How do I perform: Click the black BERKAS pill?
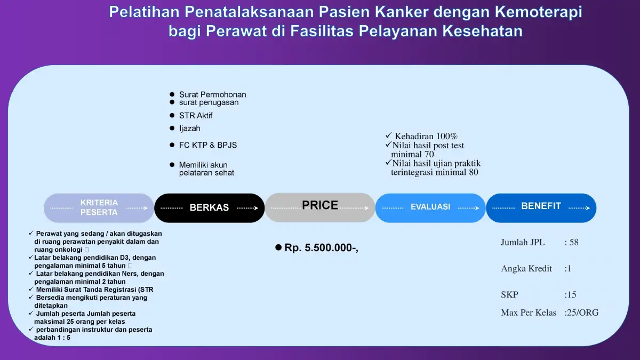tap(209, 207)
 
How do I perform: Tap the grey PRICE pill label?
tap(319, 205)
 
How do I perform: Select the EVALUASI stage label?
tap(430, 207)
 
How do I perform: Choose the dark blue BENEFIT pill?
tap(541, 207)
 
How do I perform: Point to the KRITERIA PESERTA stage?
tap(99, 207)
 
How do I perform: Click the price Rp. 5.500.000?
tap(322, 247)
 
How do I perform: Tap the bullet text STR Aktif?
tap(196, 115)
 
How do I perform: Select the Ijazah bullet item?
tap(190, 129)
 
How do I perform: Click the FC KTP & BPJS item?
tap(208, 145)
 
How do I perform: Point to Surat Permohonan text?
tap(213, 94)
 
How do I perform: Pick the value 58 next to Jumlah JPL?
tap(574, 242)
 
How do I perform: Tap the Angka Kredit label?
tap(526, 269)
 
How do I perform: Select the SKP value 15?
tap(571, 294)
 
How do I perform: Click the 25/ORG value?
tap(582, 313)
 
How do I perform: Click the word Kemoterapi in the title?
tap(538, 12)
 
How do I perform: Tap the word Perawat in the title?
tap(236, 31)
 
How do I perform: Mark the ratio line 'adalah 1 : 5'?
tap(52, 338)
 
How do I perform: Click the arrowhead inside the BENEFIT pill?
tap(588, 208)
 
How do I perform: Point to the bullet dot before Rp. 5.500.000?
tap(278, 247)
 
